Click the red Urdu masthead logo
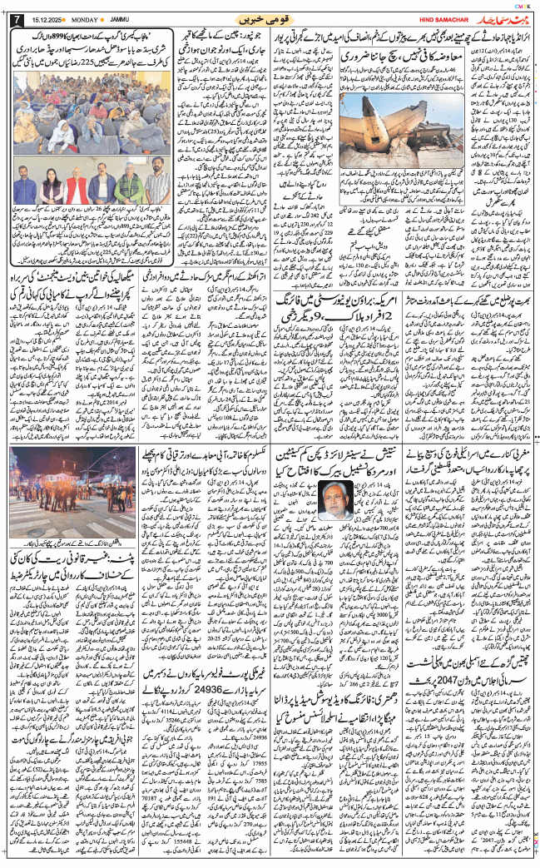[x=503, y=17]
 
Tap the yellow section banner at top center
[x=270, y=18]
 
